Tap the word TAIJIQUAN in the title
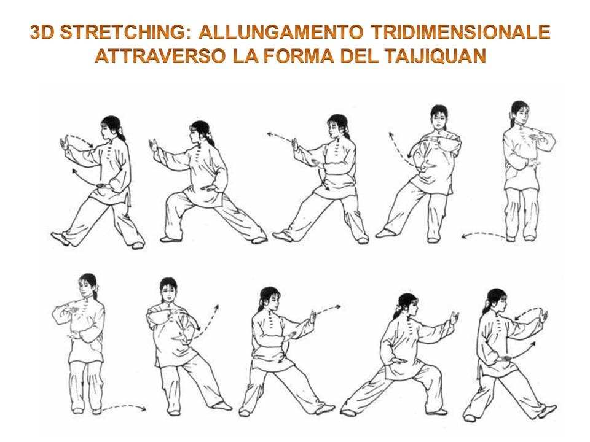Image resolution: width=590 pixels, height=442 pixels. coord(435,56)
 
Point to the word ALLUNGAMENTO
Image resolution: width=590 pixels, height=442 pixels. coord(281,32)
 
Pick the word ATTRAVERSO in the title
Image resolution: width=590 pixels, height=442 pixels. coord(160,56)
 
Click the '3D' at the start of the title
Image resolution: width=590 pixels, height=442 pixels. coord(42,32)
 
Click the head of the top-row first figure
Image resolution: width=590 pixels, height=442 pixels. coord(112,127)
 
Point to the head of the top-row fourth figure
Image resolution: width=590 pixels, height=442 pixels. coord(439,117)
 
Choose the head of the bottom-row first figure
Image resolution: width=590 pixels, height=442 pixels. coord(88,285)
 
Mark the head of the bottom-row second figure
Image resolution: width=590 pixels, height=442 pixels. coord(168,289)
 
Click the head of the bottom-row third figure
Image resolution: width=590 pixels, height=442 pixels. coord(269,299)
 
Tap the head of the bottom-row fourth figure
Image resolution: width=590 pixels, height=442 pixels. coord(407,305)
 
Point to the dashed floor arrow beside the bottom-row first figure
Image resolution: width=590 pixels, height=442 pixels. coord(124,406)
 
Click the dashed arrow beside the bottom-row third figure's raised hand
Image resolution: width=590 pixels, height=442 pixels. coord(328,309)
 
